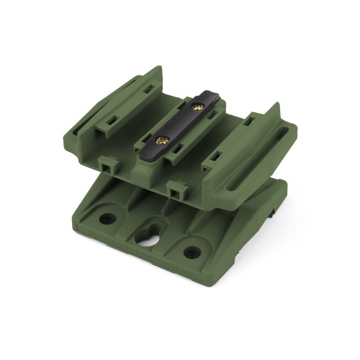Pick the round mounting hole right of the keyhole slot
tap(192, 252)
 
